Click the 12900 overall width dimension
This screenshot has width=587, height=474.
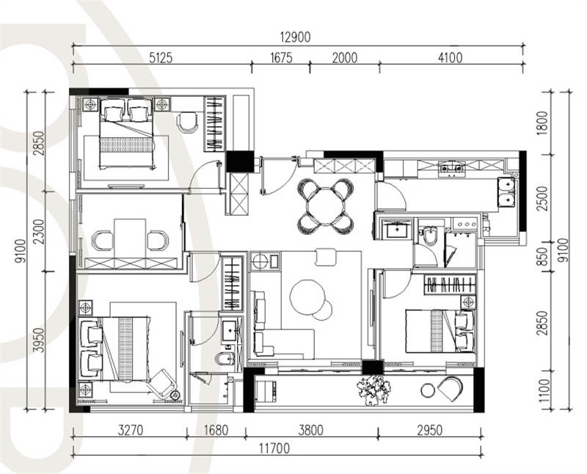pos(296,37)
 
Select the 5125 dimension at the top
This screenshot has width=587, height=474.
pos(161,58)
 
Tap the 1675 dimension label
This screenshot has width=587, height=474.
pos(281,58)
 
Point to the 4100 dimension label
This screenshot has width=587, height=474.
pos(450,58)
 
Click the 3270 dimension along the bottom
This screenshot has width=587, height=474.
pos(131,430)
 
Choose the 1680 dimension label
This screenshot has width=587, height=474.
pos(216,430)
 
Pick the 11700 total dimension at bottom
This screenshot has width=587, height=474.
pos(274,448)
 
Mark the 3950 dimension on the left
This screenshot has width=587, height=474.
pos(38,340)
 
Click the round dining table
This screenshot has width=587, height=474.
pos(325,206)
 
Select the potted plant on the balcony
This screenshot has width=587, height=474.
pos(373,390)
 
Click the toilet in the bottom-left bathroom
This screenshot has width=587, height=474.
pos(225,358)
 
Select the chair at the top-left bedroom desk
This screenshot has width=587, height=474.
pos(187,122)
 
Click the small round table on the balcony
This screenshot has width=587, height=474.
pos(428,390)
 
